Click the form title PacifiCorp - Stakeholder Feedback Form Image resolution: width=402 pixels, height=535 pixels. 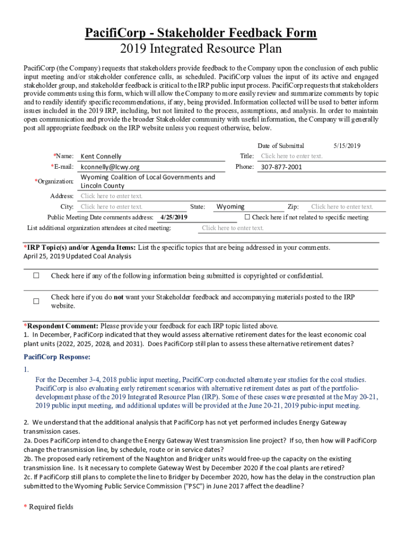coord(201,33)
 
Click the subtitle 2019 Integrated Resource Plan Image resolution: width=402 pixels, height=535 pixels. coord(201,49)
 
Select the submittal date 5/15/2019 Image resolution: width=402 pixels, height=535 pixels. coord(347,146)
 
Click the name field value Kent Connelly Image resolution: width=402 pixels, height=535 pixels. coord(101,156)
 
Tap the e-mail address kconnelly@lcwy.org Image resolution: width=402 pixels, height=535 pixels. coord(110,167)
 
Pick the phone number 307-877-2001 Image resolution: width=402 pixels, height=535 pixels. coord(281,167)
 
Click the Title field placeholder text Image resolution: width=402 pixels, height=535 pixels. coord(292,156)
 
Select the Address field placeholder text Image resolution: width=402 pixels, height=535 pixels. coord(111,196)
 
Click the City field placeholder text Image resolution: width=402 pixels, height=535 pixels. coord(111,207)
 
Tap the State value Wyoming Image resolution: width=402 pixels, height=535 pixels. coord(230,207)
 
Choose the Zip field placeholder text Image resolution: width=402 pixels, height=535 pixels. coord(342,207)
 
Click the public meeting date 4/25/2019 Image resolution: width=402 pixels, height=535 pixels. coord(174,217)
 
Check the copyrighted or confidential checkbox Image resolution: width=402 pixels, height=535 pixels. coord(37,275)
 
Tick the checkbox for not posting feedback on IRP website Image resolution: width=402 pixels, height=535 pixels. coord(37,301)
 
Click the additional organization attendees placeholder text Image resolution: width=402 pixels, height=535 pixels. coord(233,228)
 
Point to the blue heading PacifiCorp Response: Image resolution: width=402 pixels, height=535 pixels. coord(57,357)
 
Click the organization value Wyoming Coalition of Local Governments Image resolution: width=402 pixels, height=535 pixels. coord(148,177)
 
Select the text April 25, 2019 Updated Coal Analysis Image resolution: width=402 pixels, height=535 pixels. coord(77,256)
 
